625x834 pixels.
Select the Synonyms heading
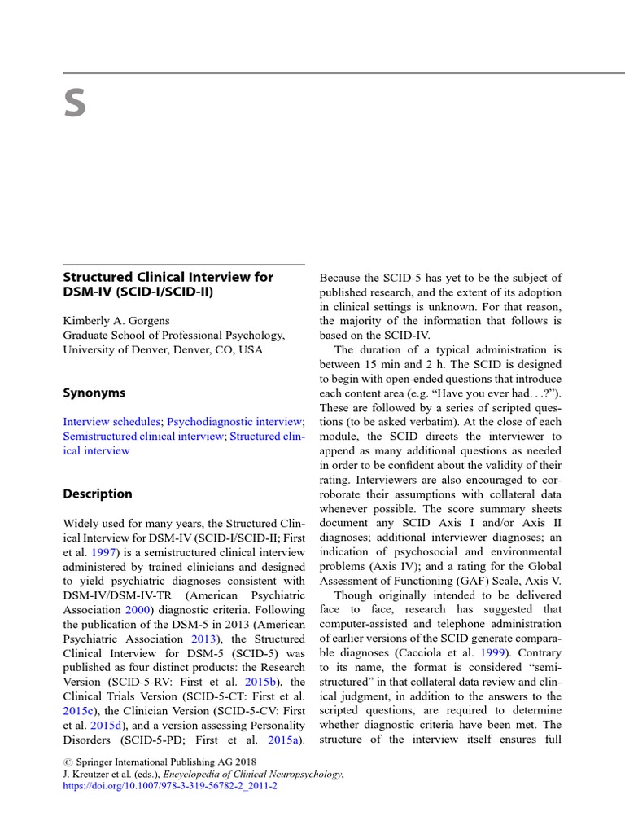point(94,393)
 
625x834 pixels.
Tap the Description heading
point(97,494)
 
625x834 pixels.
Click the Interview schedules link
point(111,421)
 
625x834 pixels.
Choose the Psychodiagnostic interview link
point(234,421)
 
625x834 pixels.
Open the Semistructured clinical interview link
point(143,436)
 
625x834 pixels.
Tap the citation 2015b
point(264,682)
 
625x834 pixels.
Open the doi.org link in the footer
point(170,788)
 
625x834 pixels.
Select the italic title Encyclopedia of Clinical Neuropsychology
point(251,775)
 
